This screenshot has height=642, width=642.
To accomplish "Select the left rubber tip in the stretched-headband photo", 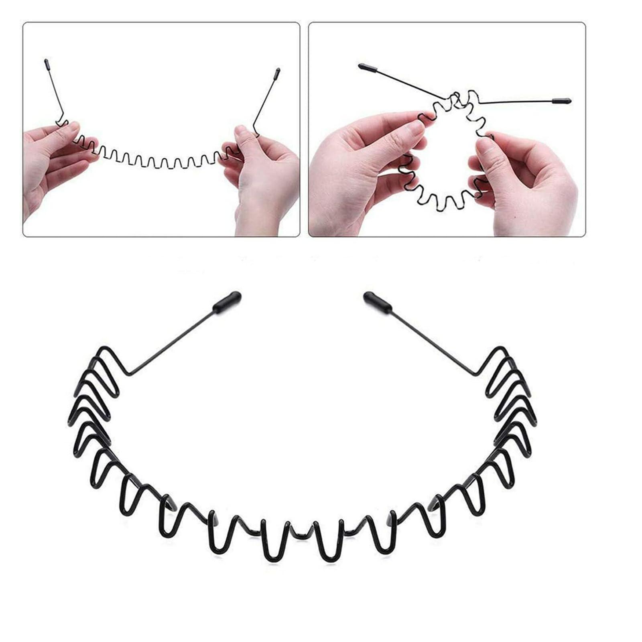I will click(47, 63).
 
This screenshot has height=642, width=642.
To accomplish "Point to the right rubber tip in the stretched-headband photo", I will click(277, 73).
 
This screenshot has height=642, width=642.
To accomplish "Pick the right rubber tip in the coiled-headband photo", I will click(562, 100).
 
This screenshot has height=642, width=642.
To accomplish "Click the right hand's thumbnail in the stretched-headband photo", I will click(240, 132).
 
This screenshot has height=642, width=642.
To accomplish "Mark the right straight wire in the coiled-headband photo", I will click(518, 101).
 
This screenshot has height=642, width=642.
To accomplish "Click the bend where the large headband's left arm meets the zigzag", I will click(129, 374).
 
